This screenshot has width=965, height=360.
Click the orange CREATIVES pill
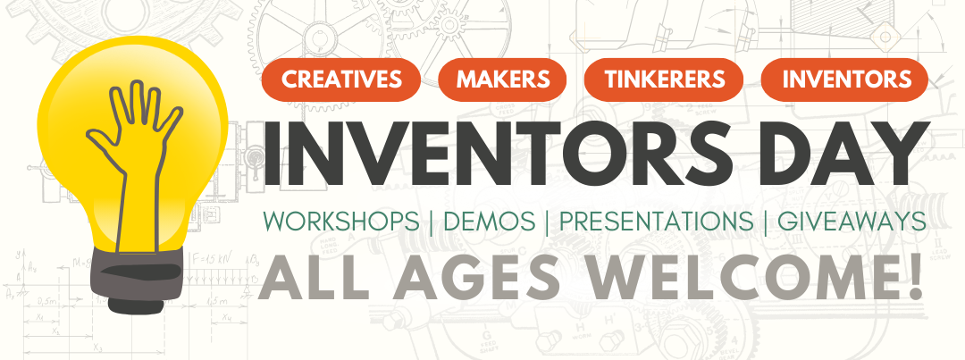click(341, 79)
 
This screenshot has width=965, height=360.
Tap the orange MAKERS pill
click(503, 79)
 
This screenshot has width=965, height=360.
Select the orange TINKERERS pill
click(663, 79)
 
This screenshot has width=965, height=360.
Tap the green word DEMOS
click(486, 222)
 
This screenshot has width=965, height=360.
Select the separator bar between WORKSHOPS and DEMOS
click(430, 222)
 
